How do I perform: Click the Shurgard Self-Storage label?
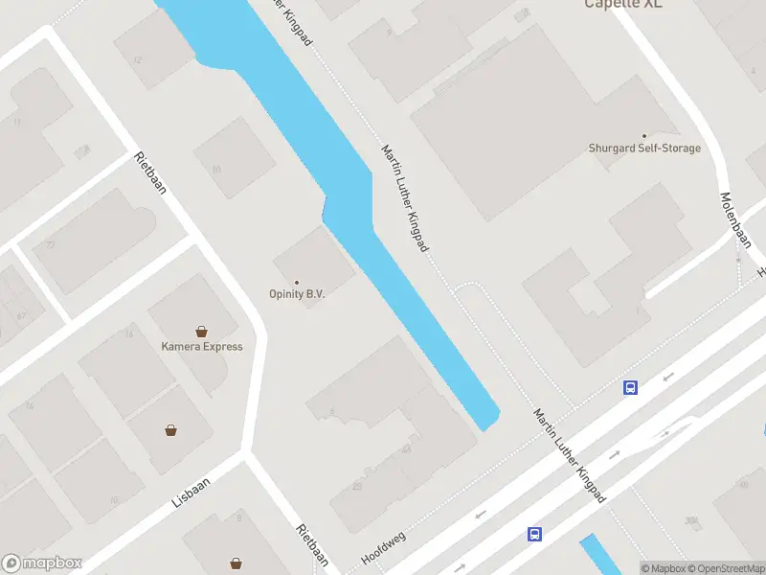pos(643,149)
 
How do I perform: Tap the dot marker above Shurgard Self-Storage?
pos(643,136)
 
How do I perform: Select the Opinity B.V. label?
pos(297,294)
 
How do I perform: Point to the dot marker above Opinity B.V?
pos(297,282)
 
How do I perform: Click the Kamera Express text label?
pos(202,347)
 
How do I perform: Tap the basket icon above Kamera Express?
pos(202,332)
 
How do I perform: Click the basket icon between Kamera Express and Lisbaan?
pos(170,430)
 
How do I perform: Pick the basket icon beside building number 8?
pos(236,563)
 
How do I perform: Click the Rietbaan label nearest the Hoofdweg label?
pos(312,545)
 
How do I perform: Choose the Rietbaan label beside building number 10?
pos(151,172)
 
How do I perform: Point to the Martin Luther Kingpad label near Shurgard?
pos(404,198)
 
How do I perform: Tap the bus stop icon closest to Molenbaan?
pos(631,388)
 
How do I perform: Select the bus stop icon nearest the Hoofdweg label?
pos(535,535)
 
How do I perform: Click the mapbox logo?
pos(41,563)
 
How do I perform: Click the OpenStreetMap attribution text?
pos(726,568)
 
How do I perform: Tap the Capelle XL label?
pos(623,4)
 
